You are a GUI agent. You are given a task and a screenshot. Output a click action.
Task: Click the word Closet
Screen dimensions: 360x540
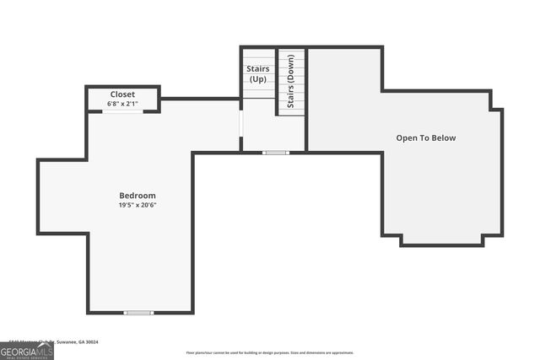pos(122,94)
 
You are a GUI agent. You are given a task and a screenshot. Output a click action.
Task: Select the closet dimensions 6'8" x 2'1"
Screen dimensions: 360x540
pos(122,104)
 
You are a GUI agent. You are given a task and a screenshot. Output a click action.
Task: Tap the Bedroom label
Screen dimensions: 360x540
pos(137,196)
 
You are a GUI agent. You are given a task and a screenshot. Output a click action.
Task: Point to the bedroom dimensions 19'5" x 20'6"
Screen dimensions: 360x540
pos(137,205)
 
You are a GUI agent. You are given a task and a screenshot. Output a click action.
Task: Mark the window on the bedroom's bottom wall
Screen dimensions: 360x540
pos(138,313)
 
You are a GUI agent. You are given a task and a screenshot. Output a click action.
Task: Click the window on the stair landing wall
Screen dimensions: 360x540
pos(275,153)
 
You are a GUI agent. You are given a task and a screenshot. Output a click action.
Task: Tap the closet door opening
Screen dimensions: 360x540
pos(122,111)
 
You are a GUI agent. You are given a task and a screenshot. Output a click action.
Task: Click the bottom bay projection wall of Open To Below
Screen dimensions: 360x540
pos(440,244)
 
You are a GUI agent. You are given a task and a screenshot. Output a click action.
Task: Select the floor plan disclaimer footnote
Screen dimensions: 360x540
pos(270,353)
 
